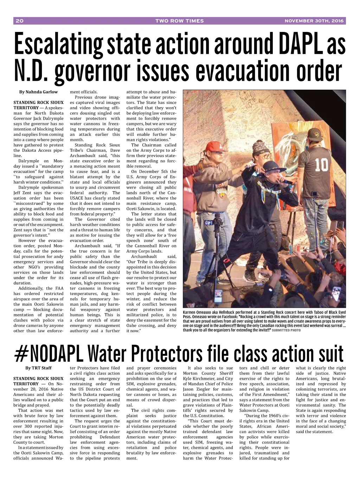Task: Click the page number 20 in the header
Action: point(19,21)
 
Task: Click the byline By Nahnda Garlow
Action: point(38,92)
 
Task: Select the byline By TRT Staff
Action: point(38,368)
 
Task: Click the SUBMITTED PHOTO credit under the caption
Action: point(286,330)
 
